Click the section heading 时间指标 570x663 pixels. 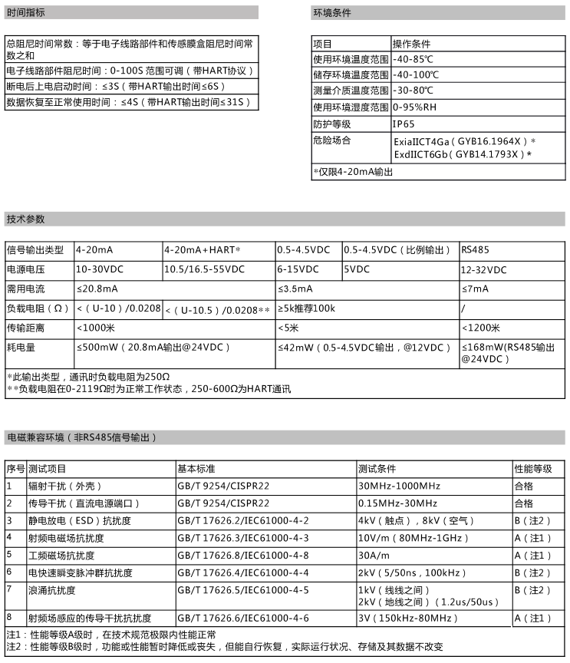point(25,14)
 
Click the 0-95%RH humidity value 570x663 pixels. point(415,107)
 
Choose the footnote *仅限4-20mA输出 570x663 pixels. point(353,172)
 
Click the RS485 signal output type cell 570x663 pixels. point(475,250)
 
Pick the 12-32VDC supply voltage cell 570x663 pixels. point(483,269)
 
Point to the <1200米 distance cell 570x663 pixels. point(481,328)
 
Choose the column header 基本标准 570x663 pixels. point(196,468)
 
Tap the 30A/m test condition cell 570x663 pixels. point(374,556)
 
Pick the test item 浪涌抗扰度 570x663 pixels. point(51,590)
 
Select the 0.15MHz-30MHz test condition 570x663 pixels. point(397,503)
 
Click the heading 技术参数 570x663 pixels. point(25,219)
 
